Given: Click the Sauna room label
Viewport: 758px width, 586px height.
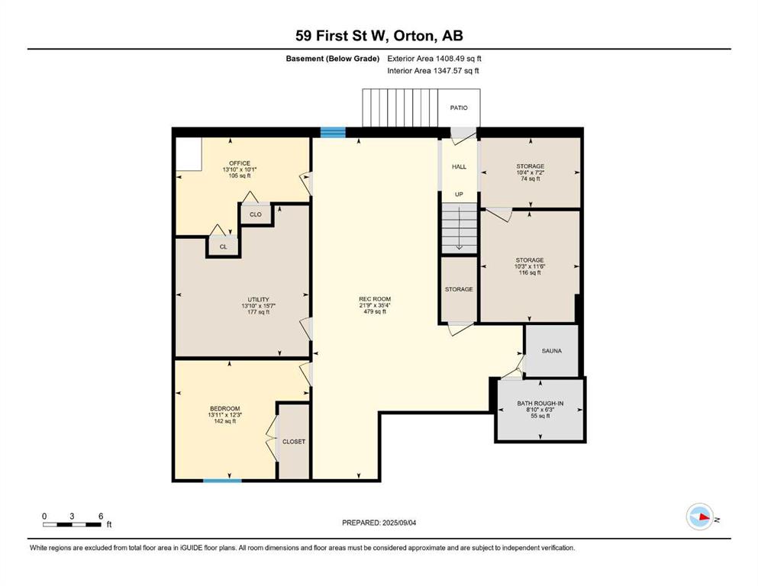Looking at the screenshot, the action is pyautogui.click(x=552, y=351).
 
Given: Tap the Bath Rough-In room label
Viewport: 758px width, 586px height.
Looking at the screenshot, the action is pyautogui.click(x=540, y=404).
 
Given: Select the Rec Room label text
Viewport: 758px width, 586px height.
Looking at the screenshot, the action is pyautogui.click(x=375, y=299).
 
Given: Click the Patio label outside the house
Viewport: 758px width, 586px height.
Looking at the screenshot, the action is pyautogui.click(x=459, y=108).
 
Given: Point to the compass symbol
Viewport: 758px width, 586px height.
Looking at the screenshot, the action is pyautogui.click(x=700, y=517).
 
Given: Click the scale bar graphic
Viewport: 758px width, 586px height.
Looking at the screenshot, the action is pyautogui.click(x=72, y=525).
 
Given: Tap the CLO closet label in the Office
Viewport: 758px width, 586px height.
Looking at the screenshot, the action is pyautogui.click(x=255, y=214).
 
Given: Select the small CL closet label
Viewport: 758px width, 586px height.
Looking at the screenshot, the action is pyautogui.click(x=224, y=247).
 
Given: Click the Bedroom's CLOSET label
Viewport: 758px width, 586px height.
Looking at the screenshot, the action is pyautogui.click(x=294, y=442).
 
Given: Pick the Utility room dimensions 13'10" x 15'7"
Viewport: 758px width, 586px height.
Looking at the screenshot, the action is pyautogui.click(x=258, y=306).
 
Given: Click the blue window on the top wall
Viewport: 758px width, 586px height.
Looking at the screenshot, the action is pyautogui.click(x=333, y=132).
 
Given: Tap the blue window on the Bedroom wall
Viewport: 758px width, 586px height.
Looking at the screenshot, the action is pyautogui.click(x=222, y=480).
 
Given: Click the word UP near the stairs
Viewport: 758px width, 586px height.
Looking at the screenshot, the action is pyautogui.click(x=459, y=195).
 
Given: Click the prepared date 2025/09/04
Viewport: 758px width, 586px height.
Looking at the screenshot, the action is pyautogui.click(x=398, y=523).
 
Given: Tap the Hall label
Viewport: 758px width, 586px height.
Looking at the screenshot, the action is pyautogui.click(x=460, y=166).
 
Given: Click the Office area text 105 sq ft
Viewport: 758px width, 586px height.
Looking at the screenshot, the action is pyautogui.click(x=240, y=175).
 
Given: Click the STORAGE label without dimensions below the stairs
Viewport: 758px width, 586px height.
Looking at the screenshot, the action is pyautogui.click(x=459, y=289).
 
